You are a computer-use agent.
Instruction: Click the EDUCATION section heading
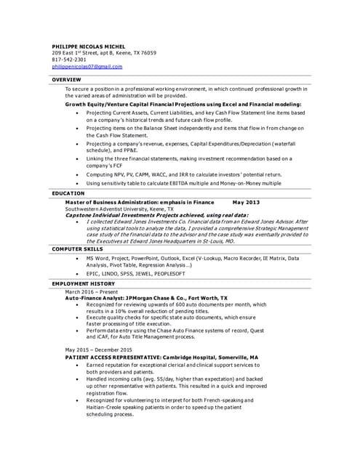click(x=68, y=193)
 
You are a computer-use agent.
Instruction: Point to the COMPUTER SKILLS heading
click(x=77, y=249)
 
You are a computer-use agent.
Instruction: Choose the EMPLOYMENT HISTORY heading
click(x=83, y=283)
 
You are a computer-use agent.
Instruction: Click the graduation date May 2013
click(x=246, y=202)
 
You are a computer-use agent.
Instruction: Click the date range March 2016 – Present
click(x=91, y=291)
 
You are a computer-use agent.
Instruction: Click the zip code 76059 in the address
click(x=148, y=53)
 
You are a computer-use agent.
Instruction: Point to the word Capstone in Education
click(x=79, y=215)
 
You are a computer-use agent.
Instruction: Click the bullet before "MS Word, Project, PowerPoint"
click(x=78, y=258)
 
